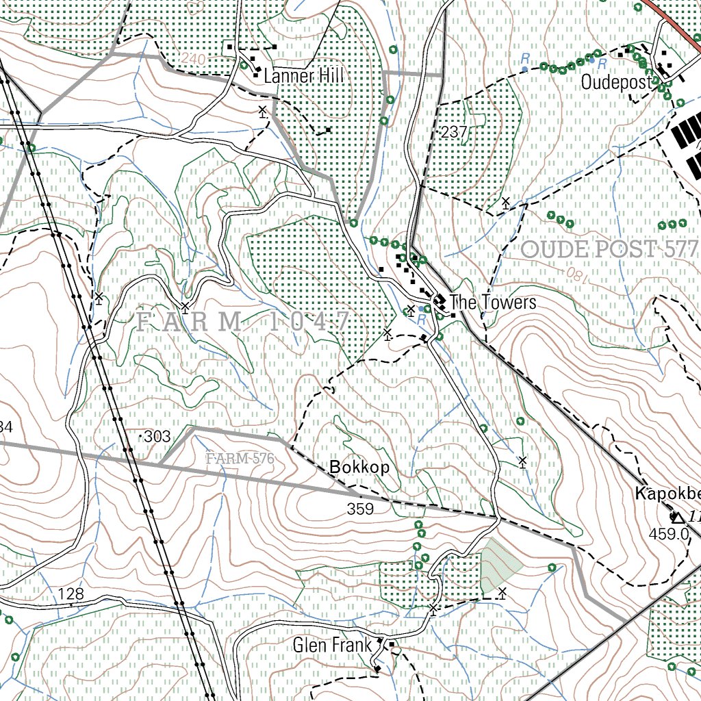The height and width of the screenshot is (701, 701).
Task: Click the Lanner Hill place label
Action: (x=303, y=75)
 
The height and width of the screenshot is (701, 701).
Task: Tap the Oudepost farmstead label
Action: (x=616, y=82)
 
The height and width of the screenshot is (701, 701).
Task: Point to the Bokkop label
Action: (x=359, y=468)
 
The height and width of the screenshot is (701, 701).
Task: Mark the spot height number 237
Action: (x=454, y=133)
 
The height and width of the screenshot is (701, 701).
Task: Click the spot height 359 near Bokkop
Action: (x=360, y=509)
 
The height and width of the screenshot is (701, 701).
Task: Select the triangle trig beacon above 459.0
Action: (x=676, y=517)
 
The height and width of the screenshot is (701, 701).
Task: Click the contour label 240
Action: (x=194, y=61)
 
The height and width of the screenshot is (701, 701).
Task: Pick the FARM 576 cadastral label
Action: (x=240, y=458)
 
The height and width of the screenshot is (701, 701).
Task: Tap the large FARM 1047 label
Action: (x=244, y=320)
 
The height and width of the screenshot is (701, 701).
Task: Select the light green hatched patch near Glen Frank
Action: (x=500, y=564)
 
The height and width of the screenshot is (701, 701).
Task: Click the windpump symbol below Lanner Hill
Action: (x=262, y=111)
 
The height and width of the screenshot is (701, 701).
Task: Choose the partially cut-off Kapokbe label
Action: (x=667, y=494)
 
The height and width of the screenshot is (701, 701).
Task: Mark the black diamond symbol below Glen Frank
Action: (x=377, y=668)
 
